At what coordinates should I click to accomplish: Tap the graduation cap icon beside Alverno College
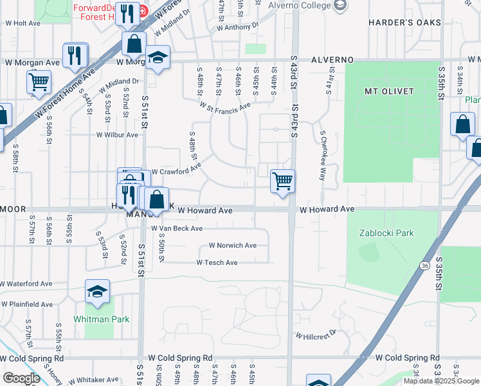(x=341, y=6)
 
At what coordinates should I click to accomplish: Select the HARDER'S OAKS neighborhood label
(x=404, y=23)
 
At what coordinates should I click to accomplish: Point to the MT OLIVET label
(x=389, y=91)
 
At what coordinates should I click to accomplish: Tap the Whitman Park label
(x=102, y=319)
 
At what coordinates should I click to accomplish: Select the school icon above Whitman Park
(x=98, y=292)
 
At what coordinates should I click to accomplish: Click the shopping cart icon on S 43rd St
(x=282, y=181)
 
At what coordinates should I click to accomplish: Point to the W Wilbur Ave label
(x=117, y=135)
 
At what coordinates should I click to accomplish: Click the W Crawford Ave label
(x=176, y=169)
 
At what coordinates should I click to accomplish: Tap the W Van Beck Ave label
(x=177, y=228)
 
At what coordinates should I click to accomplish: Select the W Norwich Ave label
(x=232, y=246)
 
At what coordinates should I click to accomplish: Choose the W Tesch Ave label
(x=217, y=262)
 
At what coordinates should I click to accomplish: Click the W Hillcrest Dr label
(x=316, y=334)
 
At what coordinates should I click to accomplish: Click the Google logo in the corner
(x=21, y=378)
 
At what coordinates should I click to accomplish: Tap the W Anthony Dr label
(x=237, y=27)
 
